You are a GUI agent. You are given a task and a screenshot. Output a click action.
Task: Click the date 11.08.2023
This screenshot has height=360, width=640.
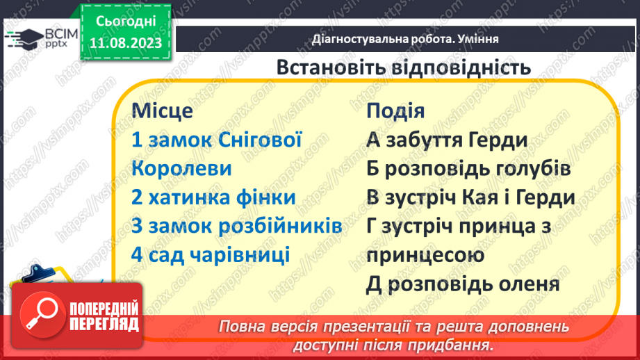[125, 42]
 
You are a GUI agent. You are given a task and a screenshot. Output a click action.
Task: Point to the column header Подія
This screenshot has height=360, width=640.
[395, 111]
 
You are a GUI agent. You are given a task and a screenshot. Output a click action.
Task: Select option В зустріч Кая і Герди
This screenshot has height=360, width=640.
[470, 197]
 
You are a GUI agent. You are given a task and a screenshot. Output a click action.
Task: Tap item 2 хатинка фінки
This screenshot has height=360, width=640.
[213, 197]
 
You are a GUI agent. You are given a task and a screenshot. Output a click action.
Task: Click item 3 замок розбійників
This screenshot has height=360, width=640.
[236, 226]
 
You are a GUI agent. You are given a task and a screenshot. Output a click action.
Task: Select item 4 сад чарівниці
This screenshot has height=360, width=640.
[210, 254]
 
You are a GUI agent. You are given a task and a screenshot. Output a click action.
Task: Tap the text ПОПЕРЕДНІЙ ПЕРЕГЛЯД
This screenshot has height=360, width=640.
[103, 317]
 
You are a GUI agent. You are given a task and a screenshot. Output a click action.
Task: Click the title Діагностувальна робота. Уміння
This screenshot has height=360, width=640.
[405, 40]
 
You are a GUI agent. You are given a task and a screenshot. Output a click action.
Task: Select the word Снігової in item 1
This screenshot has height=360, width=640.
[263, 140]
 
